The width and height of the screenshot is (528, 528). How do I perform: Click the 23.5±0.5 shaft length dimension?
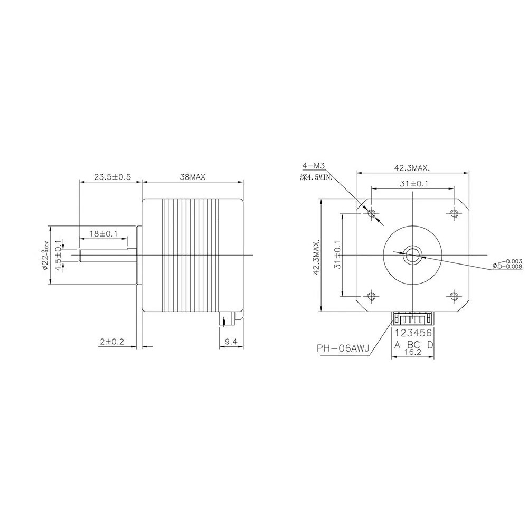coord(112,176)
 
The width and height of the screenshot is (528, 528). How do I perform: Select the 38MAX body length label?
coord(193,176)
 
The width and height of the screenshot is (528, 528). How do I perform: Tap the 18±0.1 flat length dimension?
coord(103,233)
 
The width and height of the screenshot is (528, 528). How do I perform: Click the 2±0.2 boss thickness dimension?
coord(112,342)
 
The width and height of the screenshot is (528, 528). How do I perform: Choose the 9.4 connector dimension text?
coord(231,342)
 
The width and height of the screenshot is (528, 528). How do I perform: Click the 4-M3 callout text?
coord(314,166)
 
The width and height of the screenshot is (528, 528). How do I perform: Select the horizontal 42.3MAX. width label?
coord(413,168)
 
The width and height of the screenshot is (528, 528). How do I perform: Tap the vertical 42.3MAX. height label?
coord(316,258)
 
